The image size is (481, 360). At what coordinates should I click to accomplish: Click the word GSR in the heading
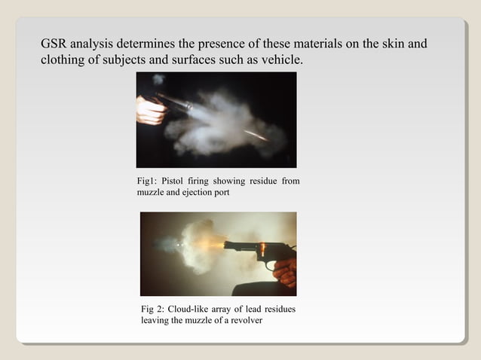54,44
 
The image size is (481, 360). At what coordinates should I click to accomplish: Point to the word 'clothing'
63,59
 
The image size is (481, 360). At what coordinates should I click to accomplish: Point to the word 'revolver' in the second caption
241,322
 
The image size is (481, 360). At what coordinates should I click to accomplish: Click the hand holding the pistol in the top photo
150,111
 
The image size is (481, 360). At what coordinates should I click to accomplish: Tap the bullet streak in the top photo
256,135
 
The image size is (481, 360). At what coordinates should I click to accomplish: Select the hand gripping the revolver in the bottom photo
285,271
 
